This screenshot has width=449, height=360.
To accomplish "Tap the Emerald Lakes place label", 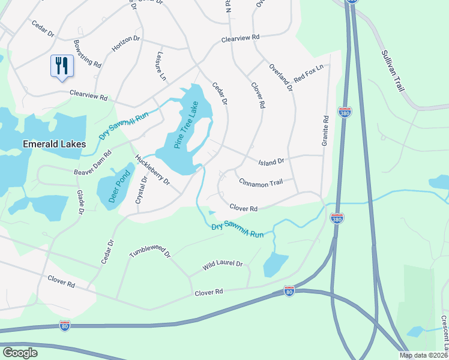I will click(x=54, y=144).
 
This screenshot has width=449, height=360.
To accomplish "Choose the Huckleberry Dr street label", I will click(x=152, y=170).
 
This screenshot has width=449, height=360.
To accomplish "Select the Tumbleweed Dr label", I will click(x=150, y=254).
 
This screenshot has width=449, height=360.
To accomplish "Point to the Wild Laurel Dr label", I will click(x=222, y=264).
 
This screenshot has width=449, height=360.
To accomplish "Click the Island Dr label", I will click(x=271, y=161).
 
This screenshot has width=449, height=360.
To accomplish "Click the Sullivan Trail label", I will click(x=393, y=70).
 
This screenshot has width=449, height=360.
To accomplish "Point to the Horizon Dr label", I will click(x=125, y=43).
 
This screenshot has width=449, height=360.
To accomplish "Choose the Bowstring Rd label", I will click(x=87, y=53).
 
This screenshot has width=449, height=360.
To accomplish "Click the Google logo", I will click(x=20, y=352).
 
